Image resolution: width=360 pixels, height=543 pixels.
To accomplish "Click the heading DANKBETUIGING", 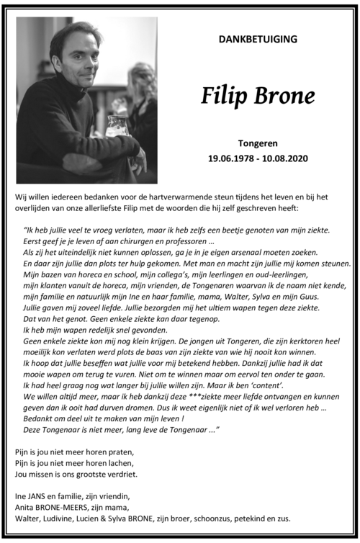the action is (257, 39).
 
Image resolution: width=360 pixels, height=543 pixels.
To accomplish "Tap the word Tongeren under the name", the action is (258, 143).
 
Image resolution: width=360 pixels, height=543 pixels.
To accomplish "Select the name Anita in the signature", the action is (27, 508).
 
